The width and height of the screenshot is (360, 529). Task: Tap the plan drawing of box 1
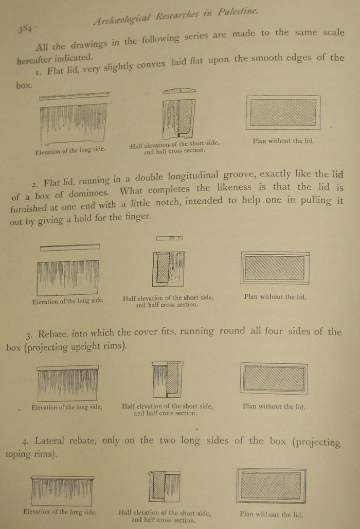click(x=283, y=112)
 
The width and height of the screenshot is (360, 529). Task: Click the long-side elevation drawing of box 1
click(x=74, y=122)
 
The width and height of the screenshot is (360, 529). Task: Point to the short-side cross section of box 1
click(x=178, y=119)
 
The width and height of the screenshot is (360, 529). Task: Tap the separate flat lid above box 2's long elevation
click(x=70, y=248)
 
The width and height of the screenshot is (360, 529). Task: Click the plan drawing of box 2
click(x=275, y=268)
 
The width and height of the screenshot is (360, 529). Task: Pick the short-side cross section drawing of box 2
click(x=168, y=269)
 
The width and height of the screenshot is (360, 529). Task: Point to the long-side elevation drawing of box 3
click(x=68, y=382)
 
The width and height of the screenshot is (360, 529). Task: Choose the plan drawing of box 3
click(x=274, y=378)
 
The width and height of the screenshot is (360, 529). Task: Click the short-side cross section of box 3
click(x=168, y=380)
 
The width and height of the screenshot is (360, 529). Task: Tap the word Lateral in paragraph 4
click(x=51, y=442)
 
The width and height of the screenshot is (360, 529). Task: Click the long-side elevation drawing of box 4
click(x=62, y=490)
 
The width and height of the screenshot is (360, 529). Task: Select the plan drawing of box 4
click(x=271, y=485)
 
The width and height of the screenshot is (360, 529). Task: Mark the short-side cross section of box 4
click(x=165, y=486)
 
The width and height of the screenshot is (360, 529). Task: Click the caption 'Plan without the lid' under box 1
click(x=283, y=140)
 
